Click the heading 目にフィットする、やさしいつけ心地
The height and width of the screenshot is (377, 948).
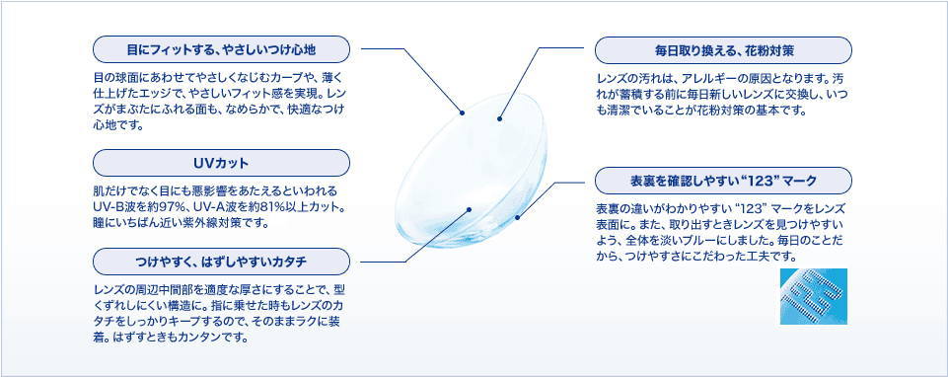(x=221, y=49)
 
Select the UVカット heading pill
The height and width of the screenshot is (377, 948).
(x=221, y=164)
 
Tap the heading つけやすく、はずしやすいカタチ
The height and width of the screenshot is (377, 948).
(x=221, y=262)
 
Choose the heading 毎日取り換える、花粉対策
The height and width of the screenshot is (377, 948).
(x=723, y=51)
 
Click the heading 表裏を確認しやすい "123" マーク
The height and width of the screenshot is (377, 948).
(x=723, y=181)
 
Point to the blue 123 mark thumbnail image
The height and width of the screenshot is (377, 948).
(x=813, y=296)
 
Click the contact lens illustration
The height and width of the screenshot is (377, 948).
(x=474, y=170)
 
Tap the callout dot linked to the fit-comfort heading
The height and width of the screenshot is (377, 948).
(x=462, y=113)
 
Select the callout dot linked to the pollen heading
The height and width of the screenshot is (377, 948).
(x=499, y=118)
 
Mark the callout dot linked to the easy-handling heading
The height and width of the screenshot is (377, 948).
(x=469, y=209)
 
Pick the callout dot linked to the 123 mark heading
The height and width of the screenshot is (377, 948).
(x=517, y=217)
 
